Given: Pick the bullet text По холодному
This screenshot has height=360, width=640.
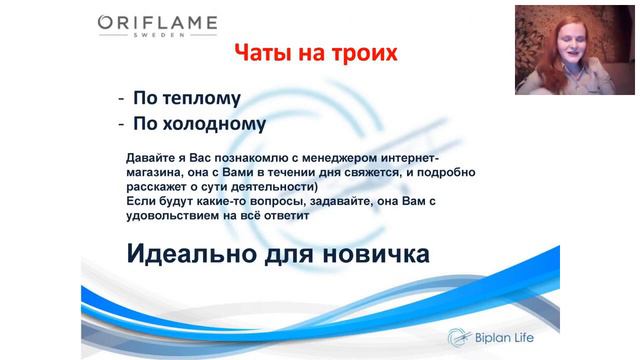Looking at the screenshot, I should (192, 125).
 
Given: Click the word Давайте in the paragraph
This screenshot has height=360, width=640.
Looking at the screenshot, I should (153, 158).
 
